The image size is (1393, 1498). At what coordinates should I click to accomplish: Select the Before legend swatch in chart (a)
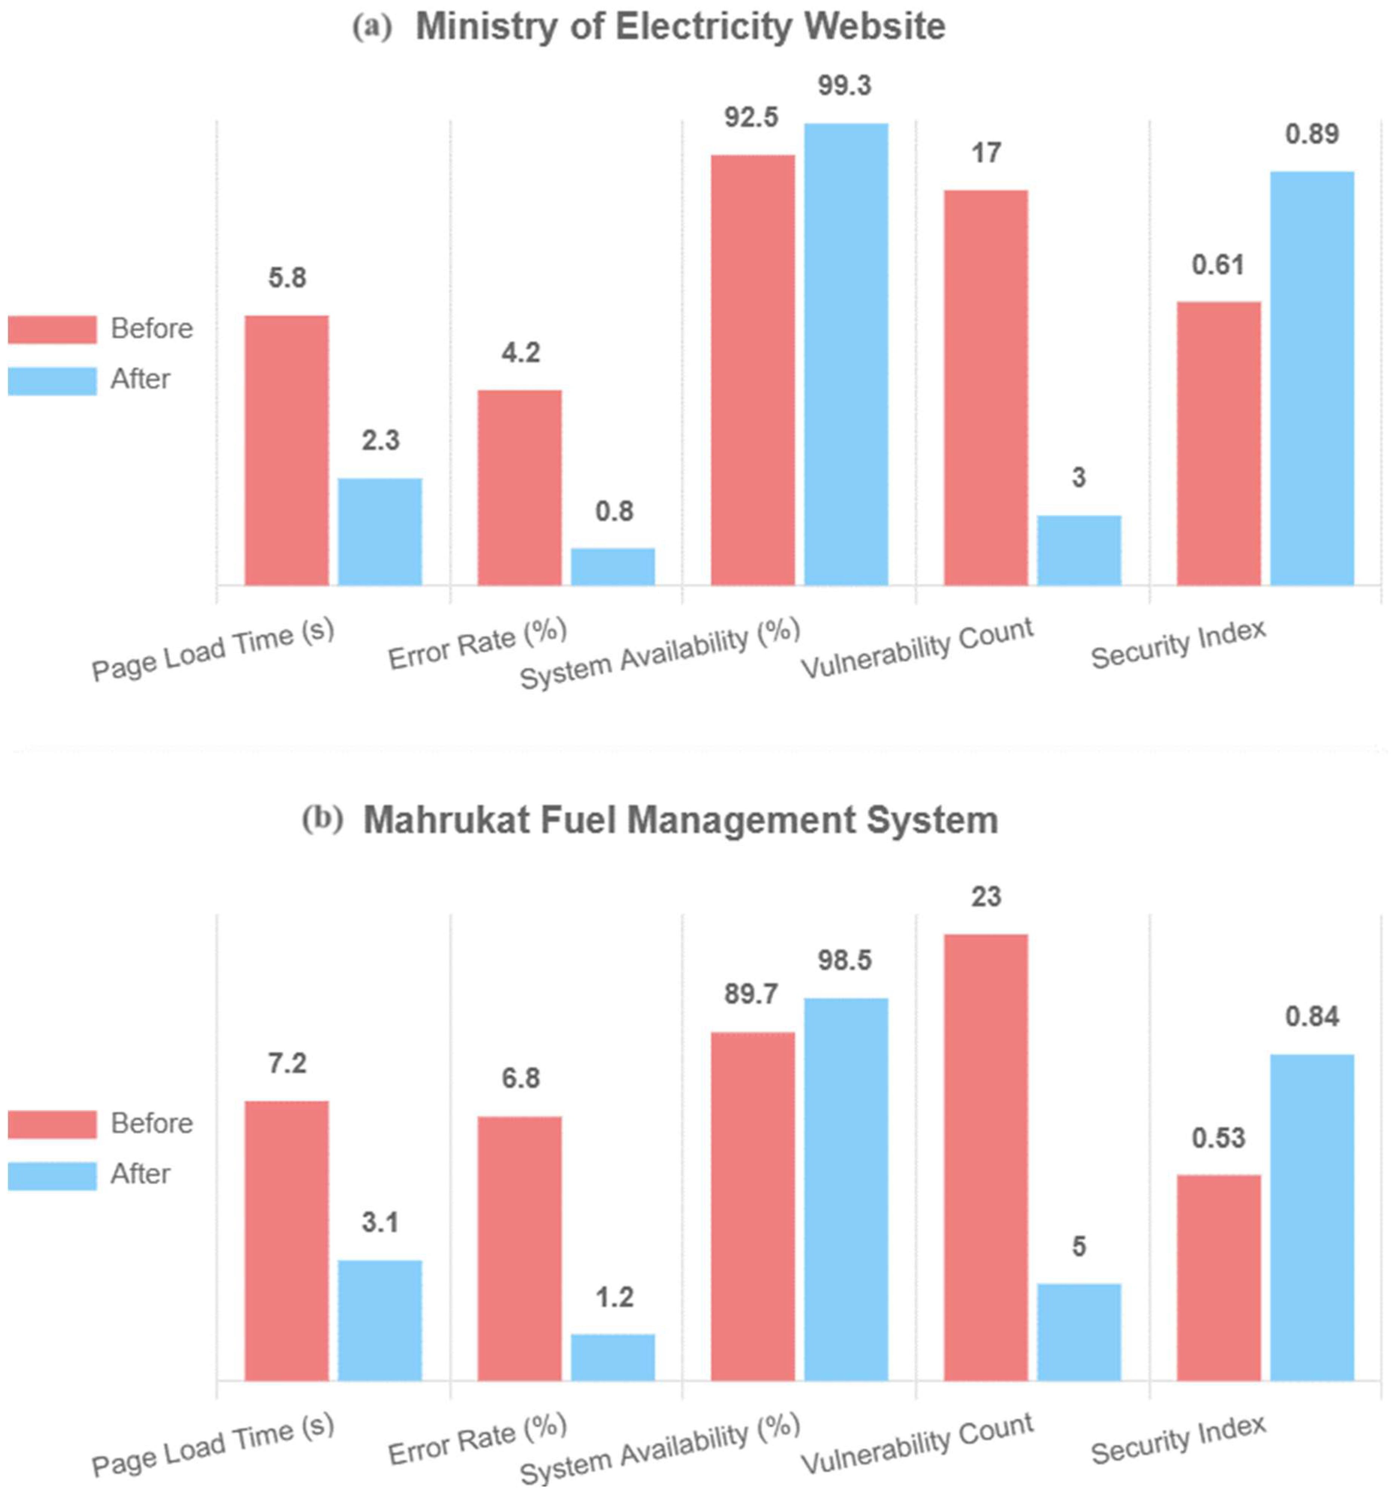click(52, 329)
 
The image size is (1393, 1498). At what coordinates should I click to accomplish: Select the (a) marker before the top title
click(372, 28)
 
